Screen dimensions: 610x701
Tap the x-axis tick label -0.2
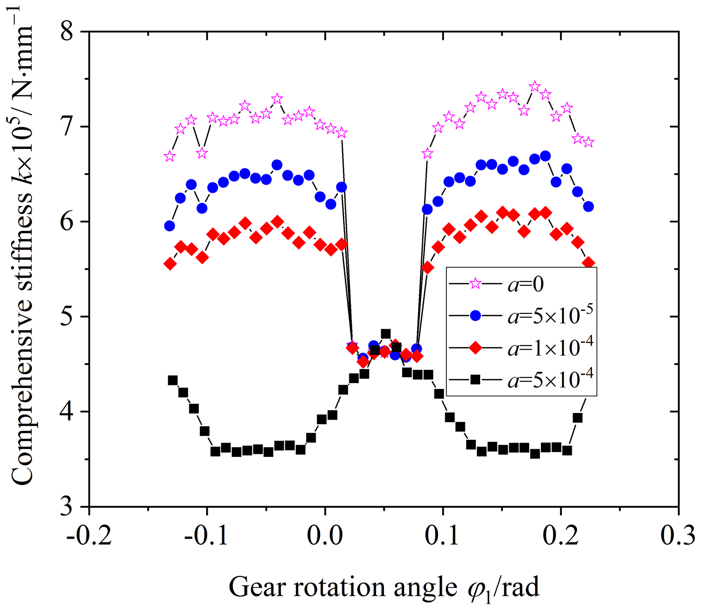(89, 536)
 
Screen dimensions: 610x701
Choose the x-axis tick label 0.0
(325, 536)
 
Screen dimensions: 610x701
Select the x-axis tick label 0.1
(443, 536)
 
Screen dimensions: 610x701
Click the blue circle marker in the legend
(475, 315)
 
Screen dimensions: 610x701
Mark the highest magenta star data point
(535, 87)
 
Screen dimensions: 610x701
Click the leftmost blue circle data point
(169, 226)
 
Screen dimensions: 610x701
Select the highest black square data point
(385, 334)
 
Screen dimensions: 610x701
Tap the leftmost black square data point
(173, 380)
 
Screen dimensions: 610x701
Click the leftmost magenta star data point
(169, 156)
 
